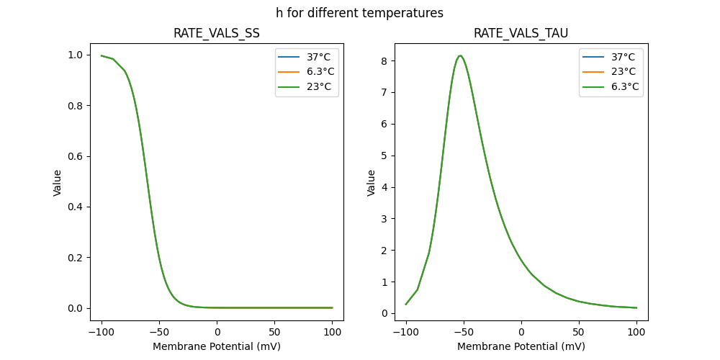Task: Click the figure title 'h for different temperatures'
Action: pos(359,13)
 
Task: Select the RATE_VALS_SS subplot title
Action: pos(217,33)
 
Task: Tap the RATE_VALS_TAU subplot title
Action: pos(521,33)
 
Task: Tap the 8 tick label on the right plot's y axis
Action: pos(384,61)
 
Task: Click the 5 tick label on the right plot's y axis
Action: pos(384,156)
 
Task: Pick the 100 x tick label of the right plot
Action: pos(636,333)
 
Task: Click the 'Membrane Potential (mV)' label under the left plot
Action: pos(217,346)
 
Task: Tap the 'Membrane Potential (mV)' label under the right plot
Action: pos(521,346)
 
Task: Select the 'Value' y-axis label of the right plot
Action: pos(372,183)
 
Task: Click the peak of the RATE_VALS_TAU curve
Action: pos(460,55)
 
